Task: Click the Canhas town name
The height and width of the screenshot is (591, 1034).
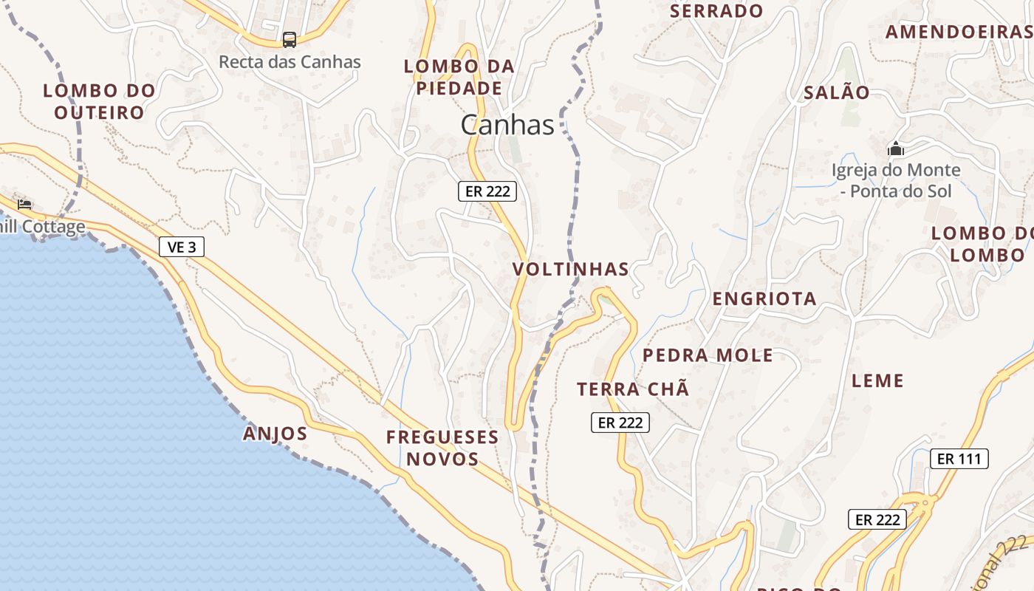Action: pyautogui.click(x=507, y=125)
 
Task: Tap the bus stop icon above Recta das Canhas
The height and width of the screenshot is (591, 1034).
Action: pyautogui.click(x=290, y=39)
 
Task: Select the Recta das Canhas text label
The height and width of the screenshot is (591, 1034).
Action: pyautogui.click(x=290, y=62)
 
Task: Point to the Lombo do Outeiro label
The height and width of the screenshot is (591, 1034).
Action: pyautogui.click(x=99, y=101)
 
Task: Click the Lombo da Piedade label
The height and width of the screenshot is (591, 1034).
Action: pyautogui.click(x=459, y=77)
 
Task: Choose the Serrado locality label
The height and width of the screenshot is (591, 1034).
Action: pyautogui.click(x=716, y=11)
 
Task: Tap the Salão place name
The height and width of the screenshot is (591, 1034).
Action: pyautogui.click(x=837, y=93)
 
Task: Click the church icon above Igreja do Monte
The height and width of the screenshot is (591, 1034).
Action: pyautogui.click(x=896, y=149)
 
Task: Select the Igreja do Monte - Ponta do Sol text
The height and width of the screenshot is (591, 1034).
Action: pyautogui.click(x=896, y=180)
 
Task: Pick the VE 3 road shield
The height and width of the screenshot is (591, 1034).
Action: pyautogui.click(x=182, y=247)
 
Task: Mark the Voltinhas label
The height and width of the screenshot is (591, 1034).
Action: pyautogui.click(x=571, y=269)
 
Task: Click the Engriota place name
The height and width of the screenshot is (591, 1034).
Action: pyautogui.click(x=764, y=298)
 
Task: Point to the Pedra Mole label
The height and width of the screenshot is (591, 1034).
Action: pyautogui.click(x=708, y=355)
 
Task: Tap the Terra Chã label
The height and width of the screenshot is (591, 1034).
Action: pyautogui.click(x=633, y=389)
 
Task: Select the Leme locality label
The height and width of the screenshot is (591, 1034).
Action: pyautogui.click(x=877, y=381)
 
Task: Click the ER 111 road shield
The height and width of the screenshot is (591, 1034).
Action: pyautogui.click(x=959, y=459)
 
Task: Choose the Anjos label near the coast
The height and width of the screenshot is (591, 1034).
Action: pyautogui.click(x=275, y=434)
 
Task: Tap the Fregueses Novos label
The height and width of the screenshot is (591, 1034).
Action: pyautogui.click(x=442, y=448)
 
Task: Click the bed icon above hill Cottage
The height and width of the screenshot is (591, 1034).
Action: pyautogui.click(x=24, y=204)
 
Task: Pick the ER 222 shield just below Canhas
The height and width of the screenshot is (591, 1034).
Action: pyautogui.click(x=487, y=191)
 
